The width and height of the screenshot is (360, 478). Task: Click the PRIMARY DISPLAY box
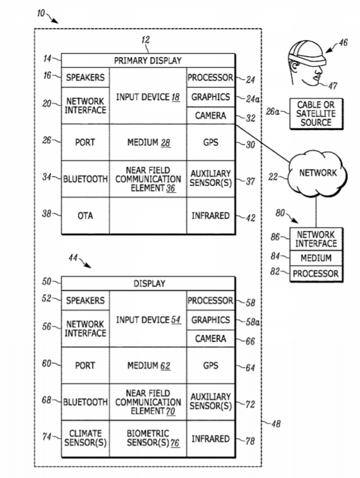(148, 60)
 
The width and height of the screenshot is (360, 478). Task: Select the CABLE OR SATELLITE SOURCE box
(316, 113)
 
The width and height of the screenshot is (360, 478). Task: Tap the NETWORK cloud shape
(318, 173)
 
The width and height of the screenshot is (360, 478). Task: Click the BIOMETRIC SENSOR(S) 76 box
(148, 438)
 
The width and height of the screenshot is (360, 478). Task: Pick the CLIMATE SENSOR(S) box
(86, 438)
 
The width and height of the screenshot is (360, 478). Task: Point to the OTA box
(86, 216)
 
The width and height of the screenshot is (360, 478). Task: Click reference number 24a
(253, 99)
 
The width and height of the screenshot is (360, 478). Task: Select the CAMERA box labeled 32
(210, 115)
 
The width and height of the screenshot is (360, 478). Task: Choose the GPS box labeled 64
(210, 365)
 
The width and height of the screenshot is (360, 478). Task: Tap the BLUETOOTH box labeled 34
(86, 179)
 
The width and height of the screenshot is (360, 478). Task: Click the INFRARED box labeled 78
(210, 438)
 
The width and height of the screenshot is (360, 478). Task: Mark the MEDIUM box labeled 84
(316, 258)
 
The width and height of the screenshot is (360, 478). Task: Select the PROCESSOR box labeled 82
(316, 273)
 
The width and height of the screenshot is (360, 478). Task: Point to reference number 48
(276, 423)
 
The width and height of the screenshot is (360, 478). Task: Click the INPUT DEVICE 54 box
(148, 319)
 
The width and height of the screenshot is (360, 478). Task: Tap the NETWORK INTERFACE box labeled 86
(316, 239)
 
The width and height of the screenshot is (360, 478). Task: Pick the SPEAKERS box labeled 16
(86, 77)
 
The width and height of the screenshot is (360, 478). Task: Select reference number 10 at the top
(41, 13)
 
